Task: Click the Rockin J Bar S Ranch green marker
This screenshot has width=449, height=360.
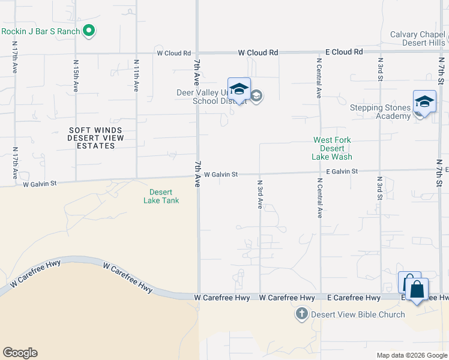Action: coord(89,31)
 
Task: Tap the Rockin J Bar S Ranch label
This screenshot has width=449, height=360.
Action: coord(41,31)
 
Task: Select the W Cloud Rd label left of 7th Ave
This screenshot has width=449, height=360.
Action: coord(173,53)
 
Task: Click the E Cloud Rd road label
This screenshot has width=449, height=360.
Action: coord(342,53)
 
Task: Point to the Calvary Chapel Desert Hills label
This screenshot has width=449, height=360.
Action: coord(418,38)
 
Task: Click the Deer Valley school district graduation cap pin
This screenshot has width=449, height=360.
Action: coord(239,90)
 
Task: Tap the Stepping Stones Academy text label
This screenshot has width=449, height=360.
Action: coord(381,112)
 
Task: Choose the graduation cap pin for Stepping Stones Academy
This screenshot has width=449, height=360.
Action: coord(424,102)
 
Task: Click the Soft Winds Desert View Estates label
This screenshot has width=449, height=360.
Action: coord(95,138)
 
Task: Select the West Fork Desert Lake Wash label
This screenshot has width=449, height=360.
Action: coord(332,148)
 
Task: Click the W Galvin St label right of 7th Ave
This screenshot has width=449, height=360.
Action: coord(221,175)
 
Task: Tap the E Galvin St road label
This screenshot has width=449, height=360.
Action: coord(342,172)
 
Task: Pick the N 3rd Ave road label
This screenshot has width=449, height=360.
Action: coord(260,194)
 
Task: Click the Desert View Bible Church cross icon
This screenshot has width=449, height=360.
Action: coord(301,314)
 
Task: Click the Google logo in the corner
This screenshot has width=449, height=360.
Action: coord(20,353)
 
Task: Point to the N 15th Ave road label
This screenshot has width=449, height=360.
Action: coord(76,75)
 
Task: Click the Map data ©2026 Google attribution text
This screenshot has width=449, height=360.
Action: coord(411,355)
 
